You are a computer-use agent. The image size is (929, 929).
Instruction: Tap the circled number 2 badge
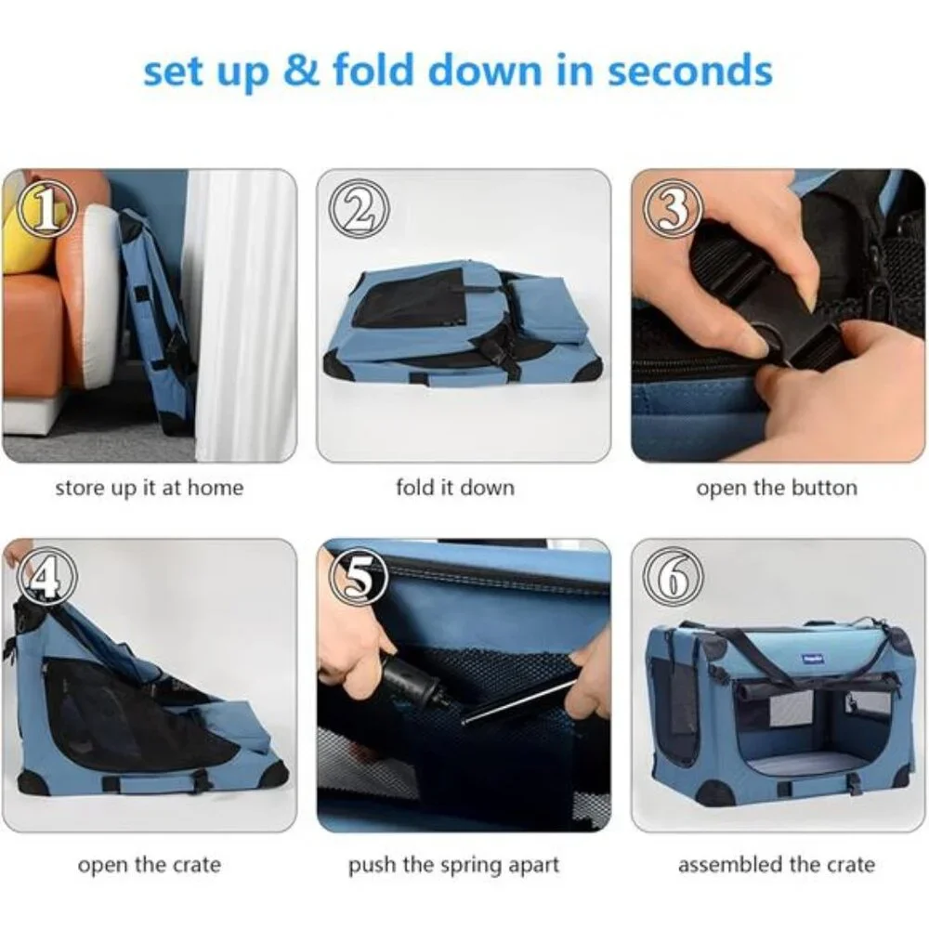(359, 208)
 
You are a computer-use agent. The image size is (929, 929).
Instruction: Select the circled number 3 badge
(673, 208)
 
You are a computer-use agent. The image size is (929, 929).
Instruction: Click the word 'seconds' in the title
(690, 71)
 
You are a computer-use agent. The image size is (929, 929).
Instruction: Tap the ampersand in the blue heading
(302, 70)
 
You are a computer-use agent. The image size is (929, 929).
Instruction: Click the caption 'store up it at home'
(150, 489)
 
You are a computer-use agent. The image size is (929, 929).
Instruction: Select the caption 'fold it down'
(455, 488)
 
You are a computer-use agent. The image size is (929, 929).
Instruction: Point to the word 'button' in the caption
(825, 488)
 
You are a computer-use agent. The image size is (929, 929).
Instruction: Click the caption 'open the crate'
(150, 865)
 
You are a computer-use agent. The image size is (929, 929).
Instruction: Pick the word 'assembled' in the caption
(730, 865)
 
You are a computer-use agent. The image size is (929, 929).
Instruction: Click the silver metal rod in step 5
(519, 702)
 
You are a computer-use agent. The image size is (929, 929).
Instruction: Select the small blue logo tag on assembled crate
(810, 658)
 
